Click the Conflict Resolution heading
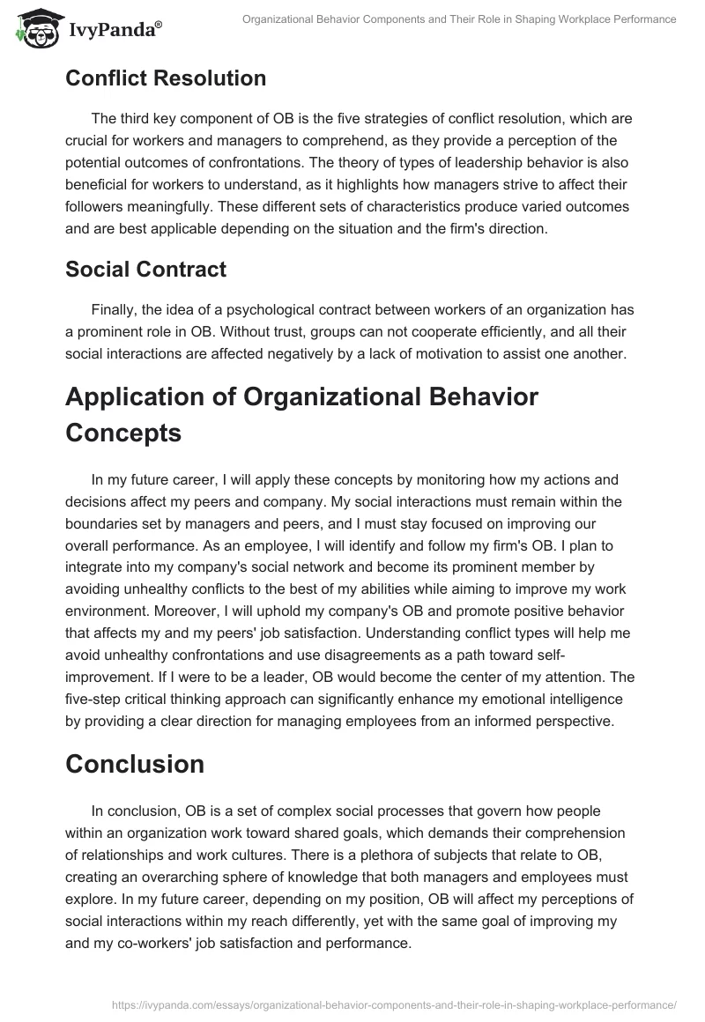pyautogui.click(x=166, y=78)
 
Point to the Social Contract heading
pyautogui.click(x=145, y=270)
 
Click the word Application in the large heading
pyautogui.click(x=151, y=396)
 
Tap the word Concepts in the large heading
pyautogui.click(x=123, y=433)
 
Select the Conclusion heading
pyautogui.click(x=134, y=764)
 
